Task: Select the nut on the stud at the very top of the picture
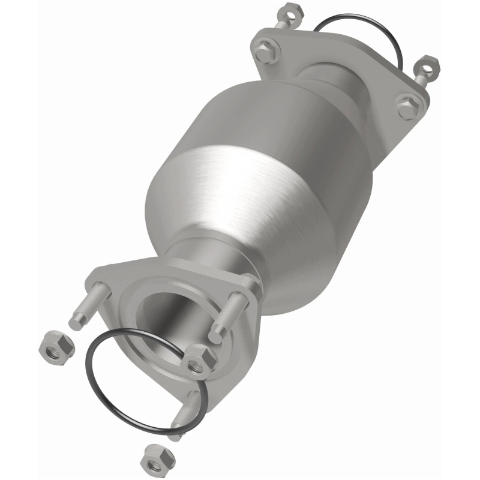(x=286, y=12)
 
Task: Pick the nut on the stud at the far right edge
(x=427, y=65)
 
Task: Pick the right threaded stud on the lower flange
(x=231, y=315)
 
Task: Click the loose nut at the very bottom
(x=157, y=460)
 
